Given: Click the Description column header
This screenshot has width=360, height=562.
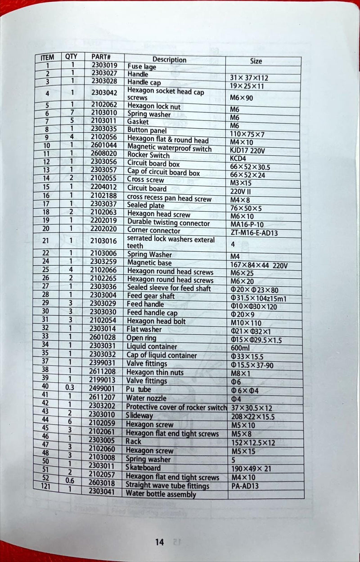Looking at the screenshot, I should [169, 59].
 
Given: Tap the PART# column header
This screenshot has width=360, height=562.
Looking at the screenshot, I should [101, 57].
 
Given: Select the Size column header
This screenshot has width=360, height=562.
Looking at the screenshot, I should [256, 61].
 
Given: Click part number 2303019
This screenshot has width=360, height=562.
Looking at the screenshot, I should [104, 65].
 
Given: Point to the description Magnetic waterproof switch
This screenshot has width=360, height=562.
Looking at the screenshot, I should [169, 148].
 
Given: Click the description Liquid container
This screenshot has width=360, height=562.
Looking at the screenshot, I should [152, 347].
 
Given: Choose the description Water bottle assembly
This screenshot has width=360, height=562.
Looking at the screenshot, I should [161, 494].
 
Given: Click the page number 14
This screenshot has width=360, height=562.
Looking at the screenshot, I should [159, 542].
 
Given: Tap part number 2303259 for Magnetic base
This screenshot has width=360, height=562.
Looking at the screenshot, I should [103, 262].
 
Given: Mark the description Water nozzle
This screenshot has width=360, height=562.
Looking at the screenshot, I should [146, 398].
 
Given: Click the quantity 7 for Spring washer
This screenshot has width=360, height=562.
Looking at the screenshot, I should [72, 112].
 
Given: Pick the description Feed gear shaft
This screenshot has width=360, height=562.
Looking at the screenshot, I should [150, 296].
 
